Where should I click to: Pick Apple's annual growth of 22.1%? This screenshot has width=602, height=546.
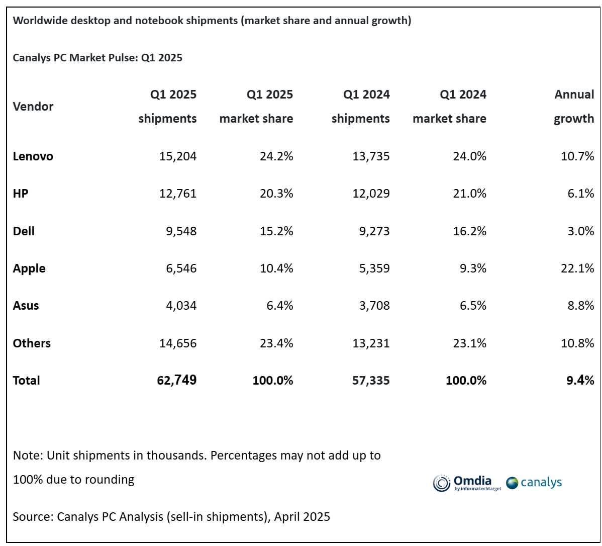pyautogui.click(x=577, y=268)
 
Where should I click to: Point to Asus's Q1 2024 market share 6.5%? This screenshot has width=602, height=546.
pyautogui.click(x=471, y=306)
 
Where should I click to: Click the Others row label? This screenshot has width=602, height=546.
pyautogui.click(x=32, y=343)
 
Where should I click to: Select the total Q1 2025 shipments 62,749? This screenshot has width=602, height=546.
pyautogui.click(x=176, y=380)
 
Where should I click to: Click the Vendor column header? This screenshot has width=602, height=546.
pyautogui.click(x=33, y=107)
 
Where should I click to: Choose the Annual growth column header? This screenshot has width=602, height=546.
pyautogui.click(x=574, y=107)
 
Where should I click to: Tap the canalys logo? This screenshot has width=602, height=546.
pyautogui.click(x=534, y=483)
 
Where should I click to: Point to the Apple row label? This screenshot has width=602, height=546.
pyautogui.click(x=29, y=268)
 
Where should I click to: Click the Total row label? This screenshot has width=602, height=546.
pyautogui.click(x=26, y=381)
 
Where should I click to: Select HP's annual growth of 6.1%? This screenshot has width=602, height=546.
pyautogui.click(x=581, y=194)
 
